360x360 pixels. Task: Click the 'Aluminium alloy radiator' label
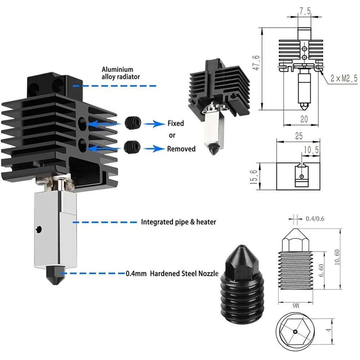click(x=121, y=73)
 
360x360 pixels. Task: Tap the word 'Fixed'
click(x=176, y=123)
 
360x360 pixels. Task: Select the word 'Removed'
click(x=181, y=149)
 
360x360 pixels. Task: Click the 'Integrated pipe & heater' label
click(x=179, y=222)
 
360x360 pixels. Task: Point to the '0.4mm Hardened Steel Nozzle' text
click(x=172, y=274)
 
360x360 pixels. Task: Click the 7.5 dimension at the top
click(x=305, y=11)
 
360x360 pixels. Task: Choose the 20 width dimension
click(x=304, y=119)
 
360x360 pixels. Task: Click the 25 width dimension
click(x=298, y=136)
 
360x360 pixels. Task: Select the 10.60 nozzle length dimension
click(x=337, y=258)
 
